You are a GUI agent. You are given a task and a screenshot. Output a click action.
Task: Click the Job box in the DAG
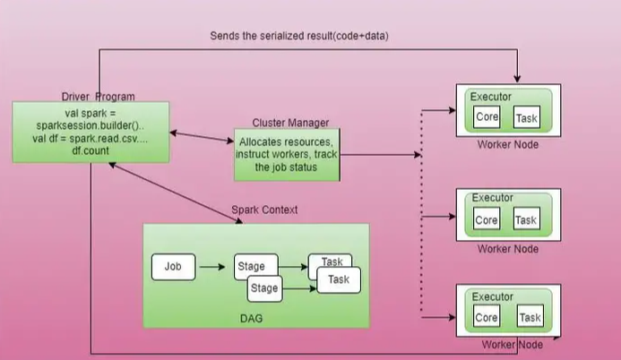coord(174,267)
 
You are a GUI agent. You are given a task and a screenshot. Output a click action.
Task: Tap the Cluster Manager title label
coord(290,123)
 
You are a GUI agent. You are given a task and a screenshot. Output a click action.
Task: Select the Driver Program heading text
coord(99,97)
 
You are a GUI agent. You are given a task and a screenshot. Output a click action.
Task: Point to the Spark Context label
coord(264,210)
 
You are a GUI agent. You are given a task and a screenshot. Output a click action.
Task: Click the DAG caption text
coord(251,319)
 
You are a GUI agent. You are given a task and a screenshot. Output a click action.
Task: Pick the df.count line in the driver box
coord(91,150)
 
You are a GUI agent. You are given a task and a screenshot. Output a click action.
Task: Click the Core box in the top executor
coord(487,116)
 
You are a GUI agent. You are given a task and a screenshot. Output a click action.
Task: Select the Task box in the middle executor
coord(526,219)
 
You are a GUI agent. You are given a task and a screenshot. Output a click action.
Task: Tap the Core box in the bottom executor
coord(487,317)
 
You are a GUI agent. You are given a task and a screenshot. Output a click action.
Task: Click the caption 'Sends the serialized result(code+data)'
coord(299,36)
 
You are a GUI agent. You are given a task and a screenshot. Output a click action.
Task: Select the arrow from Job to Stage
coord(212,267)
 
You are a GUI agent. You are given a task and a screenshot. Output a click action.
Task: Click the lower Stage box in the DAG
coord(264,288)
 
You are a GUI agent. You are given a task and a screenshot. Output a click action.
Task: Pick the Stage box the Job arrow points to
coord(256,266)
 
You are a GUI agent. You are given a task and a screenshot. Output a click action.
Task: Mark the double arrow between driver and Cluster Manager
coord(202,136)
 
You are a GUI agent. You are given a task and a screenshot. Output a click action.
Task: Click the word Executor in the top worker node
coord(491,97)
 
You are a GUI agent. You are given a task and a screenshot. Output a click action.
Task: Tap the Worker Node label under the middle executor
coord(508,249)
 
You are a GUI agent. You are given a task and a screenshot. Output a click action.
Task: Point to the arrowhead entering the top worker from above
coord(517,79)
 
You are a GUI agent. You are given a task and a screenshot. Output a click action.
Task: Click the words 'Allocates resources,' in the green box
coord(286,142)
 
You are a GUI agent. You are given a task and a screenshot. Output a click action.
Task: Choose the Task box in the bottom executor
coord(530,317)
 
